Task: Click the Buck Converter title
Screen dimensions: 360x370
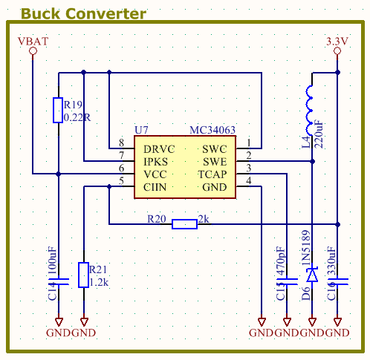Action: pyautogui.click(x=83, y=13)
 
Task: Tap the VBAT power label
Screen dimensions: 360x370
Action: pyautogui.click(x=33, y=42)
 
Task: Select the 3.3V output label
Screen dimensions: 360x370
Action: pyautogui.click(x=337, y=42)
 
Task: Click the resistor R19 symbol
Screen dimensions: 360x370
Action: pyautogui.click(x=57, y=111)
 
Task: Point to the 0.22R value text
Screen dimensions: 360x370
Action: pyautogui.click(x=78, y=117)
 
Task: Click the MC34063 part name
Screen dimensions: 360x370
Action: pyautogui.click(x=212, y=130)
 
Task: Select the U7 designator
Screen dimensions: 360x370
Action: pyautogui.click(x=141, y=130)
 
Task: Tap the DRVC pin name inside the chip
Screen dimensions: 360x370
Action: pyautogui.click(x=159, y=148)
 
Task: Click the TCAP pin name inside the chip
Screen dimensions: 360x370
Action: pyautogui.click(x=212, y=174)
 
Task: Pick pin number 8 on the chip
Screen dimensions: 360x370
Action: pyautogui.click(x=121, y=143)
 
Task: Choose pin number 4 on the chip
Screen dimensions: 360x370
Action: pyautogui.click(x=249, y=181)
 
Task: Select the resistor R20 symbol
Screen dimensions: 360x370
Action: pyautogui.click(x=184, y=223)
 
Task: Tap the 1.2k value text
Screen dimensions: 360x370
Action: pyautogui.click(x=100, y=283)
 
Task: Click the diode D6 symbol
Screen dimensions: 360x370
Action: pyautogui.click(x=312, y=275)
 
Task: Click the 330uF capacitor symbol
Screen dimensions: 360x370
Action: pyautogui.click(x=337, y=281)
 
